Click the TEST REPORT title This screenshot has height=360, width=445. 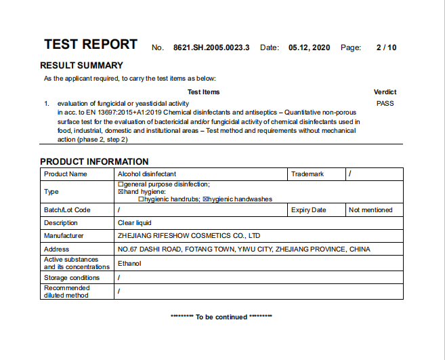click(91, 45)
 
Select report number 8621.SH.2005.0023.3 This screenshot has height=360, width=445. click(211, 47)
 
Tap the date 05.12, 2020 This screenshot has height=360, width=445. click(309, 47)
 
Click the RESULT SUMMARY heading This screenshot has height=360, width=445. click(82, 66)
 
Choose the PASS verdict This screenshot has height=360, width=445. click(385, 104)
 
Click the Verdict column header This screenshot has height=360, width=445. click(385, 92)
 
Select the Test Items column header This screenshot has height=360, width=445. click(203, 92)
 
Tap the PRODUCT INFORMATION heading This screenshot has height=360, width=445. click(94, 161)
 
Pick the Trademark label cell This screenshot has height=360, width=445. click(308, 174)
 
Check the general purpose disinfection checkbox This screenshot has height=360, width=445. click(121, 184)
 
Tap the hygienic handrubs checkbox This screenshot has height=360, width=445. click(141, 199)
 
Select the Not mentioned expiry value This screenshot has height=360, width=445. click(370, 210)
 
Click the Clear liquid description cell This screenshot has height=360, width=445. click(135, 222)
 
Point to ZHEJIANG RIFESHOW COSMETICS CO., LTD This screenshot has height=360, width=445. click(189, 236)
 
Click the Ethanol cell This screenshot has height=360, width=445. click(129, 263)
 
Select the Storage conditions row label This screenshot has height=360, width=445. click(72, 277)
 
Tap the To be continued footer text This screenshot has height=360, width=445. click(221, 317)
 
